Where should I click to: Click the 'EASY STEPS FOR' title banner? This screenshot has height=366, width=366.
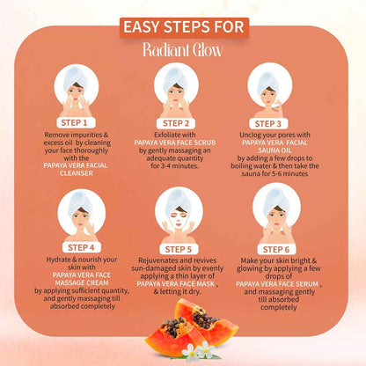(x=182, y=26)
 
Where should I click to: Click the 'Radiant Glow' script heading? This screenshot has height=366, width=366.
(x=182, y=49)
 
